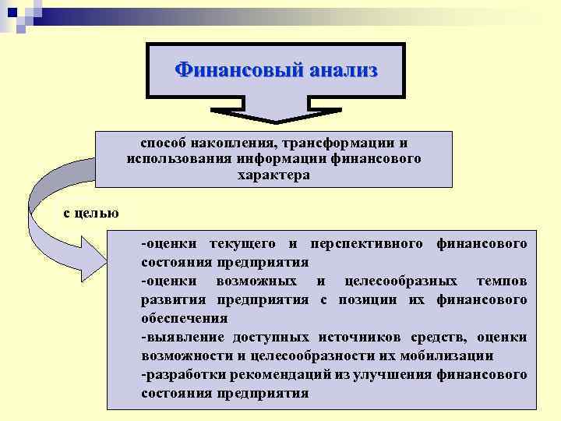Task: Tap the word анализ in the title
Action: coord(343,70)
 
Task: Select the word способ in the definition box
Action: coord(163,143)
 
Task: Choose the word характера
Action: coord(273,175)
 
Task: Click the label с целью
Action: coord(90,212)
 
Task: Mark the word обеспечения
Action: coord(184,318)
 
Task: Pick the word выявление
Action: coord(186,337)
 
